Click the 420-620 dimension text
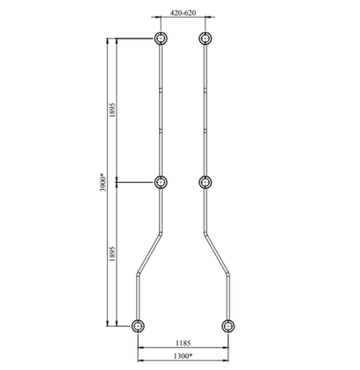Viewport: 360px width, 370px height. tap(183, 13)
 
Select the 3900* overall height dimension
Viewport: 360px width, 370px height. tap(103, 183)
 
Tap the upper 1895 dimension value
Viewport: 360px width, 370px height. tap(112, 110)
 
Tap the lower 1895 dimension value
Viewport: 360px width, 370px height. tap(112, 254)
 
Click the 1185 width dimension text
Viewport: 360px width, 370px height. tap(183, 343)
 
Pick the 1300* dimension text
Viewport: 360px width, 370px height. tap(183, 356)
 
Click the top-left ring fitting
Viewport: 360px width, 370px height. tap(161, 39)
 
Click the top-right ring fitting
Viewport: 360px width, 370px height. tap(205, 39)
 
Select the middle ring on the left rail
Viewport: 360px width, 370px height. tap(161, 183)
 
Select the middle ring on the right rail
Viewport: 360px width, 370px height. tap(205, 183)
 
